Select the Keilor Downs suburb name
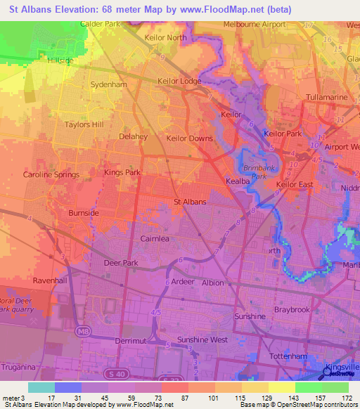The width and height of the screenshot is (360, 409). (x=189, y=138)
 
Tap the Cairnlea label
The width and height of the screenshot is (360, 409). (x=157, y=238)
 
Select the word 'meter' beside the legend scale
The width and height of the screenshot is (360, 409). (x=9, y=398)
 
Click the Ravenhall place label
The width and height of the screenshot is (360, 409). (x=49, y=279)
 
